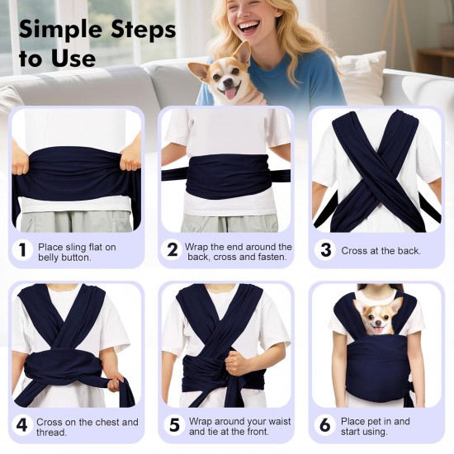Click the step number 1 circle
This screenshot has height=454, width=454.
pos(22,249)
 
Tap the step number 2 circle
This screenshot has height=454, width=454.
pos(173,249)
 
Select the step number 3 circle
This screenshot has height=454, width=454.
pos(325,249)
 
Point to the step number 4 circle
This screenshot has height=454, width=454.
pos(21,425)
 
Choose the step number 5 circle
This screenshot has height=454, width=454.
pos(174,425)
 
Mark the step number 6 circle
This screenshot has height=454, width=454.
pos(324,425)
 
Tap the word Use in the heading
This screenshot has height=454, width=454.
pos(73,59)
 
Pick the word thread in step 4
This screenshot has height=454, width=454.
pos(51,433)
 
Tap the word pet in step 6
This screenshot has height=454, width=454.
pos(373,422)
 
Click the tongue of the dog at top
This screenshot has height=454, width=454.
pos(230,94)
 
